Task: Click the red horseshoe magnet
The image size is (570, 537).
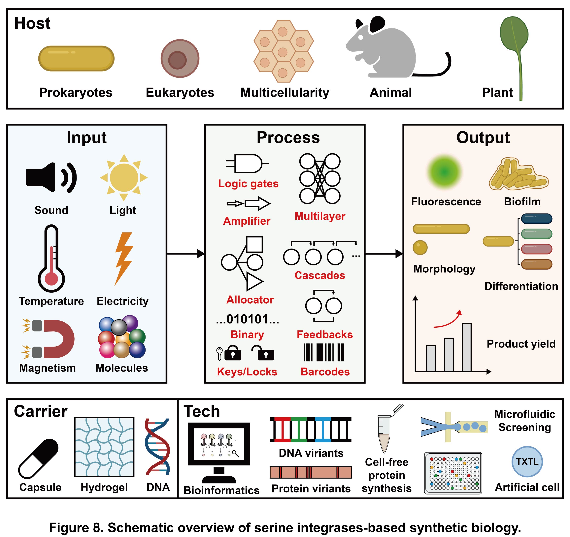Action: [x=59, y=339]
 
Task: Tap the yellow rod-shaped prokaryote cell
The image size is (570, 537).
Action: [x=76, y=58]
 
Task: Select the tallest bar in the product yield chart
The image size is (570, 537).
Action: [x=466, y=347]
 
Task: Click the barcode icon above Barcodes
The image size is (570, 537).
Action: [x=324, y=352]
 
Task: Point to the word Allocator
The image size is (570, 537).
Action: [x=250, y=300]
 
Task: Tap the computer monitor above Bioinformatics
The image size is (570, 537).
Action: [x=219, y=444]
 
